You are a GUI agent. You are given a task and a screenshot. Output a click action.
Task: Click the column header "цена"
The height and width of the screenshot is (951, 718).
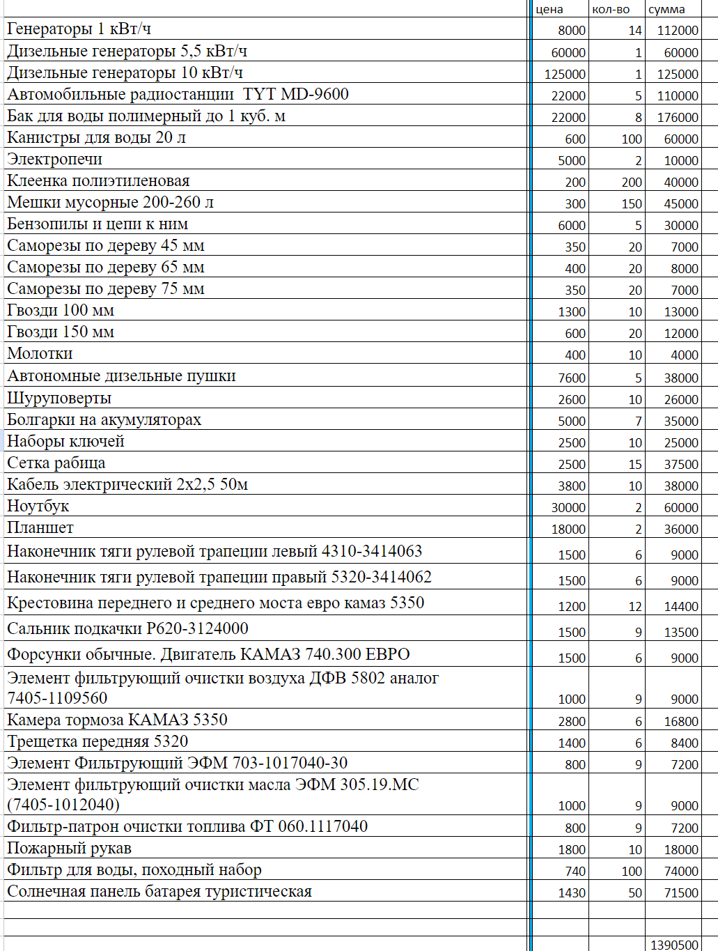click(x=549, y=9)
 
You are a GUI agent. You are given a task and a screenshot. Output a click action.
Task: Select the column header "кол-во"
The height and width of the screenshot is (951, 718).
click(x=611, y=9)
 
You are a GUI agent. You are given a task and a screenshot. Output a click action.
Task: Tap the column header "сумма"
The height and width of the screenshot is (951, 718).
click(x=666, y=9)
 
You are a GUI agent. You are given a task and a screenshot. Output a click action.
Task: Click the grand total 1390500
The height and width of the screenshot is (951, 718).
click(x=674, y=945)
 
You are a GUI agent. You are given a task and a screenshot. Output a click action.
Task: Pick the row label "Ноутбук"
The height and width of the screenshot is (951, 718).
click(x=38, y=506)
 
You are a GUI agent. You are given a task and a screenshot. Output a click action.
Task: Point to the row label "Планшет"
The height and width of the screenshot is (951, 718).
click(x=40, y=527)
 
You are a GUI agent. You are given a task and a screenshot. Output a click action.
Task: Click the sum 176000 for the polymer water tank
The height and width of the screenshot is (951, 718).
click(x=678, y=117)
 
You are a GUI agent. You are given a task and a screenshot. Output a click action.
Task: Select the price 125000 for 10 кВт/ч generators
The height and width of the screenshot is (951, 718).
click(x=565, y=74)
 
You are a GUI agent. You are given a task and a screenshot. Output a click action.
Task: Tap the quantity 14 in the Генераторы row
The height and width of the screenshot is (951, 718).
click(x=634, y=31)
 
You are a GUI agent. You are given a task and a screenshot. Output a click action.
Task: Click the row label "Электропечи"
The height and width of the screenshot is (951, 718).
click(x=54, y=159)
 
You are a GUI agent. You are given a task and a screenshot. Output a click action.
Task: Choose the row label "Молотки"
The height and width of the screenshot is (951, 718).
click(x=40, y=353)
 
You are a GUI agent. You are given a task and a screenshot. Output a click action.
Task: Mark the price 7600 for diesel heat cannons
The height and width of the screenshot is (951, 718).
click(x=572, y=378)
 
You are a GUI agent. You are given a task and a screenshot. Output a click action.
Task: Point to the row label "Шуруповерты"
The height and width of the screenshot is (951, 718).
click(x=59, y=398)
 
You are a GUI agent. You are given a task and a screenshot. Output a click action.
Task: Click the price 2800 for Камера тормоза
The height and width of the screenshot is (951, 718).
click(x=572, y=721)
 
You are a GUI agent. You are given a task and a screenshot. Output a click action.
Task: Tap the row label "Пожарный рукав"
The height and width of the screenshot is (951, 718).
click(x=69, y=848)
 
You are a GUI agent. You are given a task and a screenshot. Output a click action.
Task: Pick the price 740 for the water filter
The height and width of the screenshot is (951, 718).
click(x=575, y=871)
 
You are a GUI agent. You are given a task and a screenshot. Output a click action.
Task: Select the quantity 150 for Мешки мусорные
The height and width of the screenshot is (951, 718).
click(x=632, y=203)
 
